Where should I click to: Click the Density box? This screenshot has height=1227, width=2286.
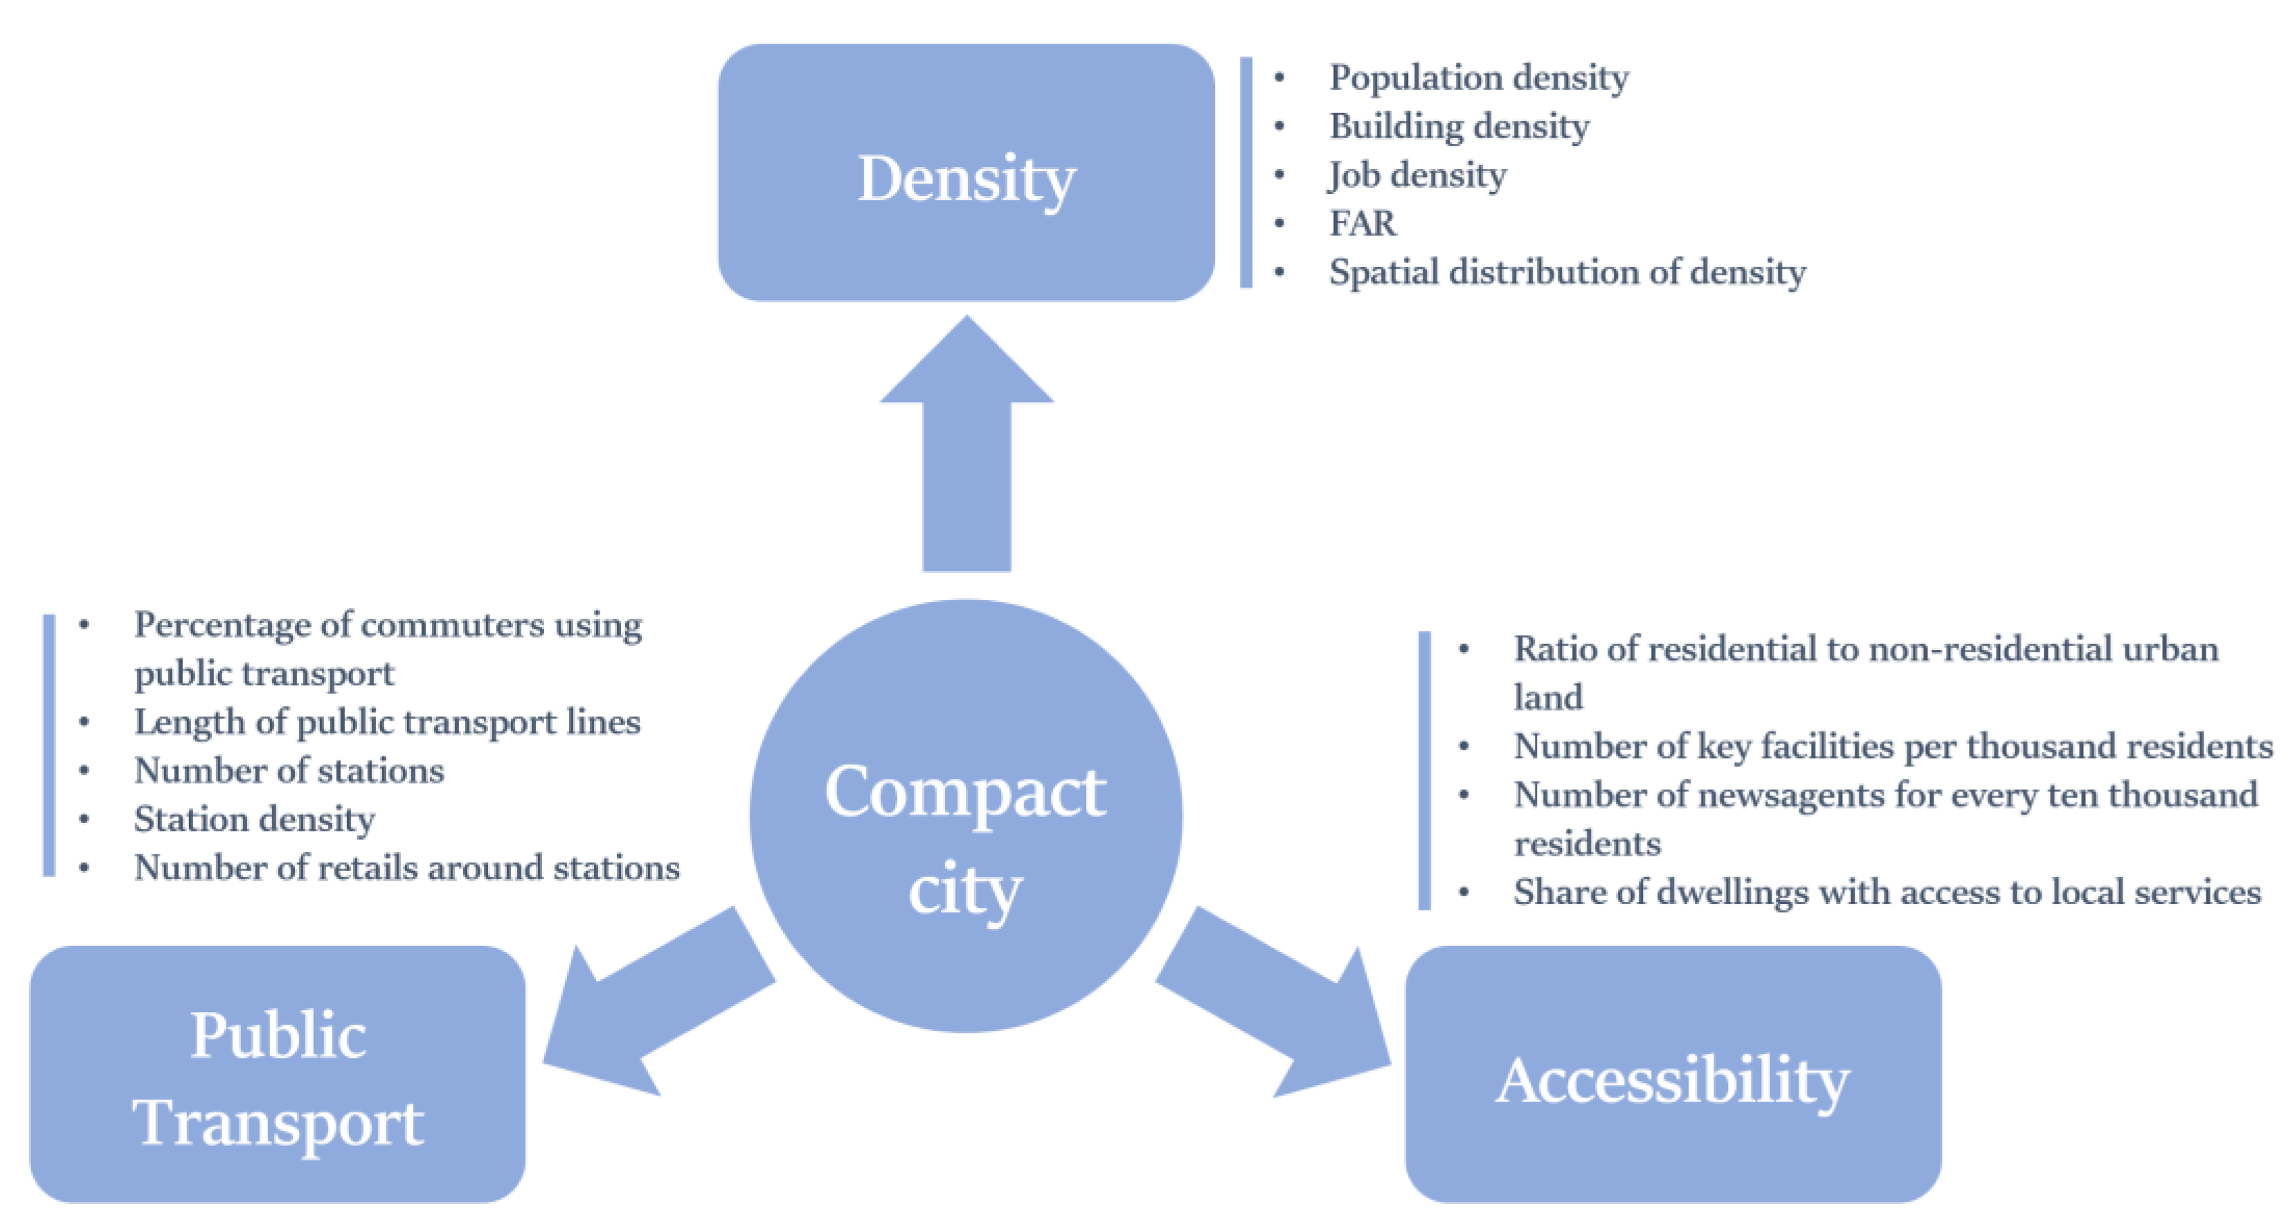[966, 173]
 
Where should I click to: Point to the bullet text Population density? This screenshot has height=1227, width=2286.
[1479, 78]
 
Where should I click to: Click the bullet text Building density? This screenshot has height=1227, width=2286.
[1459, 127]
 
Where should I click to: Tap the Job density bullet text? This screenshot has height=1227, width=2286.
[1417, 175]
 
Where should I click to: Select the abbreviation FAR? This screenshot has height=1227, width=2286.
[1362, 224]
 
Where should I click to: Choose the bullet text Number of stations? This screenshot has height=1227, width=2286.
[289, 770]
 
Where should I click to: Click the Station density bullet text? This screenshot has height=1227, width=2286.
[255, 820]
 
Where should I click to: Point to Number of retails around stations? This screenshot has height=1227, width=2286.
[406, 867]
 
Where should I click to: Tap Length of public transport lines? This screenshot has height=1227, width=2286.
[387, 723]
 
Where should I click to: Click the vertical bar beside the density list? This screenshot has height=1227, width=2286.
[1246, 173]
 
